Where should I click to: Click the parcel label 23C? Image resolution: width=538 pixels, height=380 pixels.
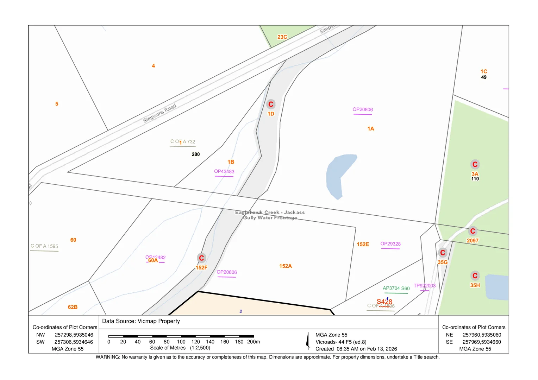282,37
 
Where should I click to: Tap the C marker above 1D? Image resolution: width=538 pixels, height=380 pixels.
271,104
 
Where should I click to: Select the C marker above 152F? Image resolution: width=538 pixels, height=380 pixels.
201,258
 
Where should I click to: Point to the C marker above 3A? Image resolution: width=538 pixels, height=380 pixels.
475,164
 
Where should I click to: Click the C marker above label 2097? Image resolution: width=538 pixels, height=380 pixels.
473,231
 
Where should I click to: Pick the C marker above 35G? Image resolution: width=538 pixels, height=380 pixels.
443,253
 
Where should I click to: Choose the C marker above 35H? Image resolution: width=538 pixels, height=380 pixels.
475,275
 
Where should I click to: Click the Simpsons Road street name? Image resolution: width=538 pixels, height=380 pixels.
159,113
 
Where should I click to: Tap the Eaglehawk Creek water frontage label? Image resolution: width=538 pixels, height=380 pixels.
270,215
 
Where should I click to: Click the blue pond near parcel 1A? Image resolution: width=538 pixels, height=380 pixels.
339,174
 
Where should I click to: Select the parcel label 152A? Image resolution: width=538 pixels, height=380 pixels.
286,266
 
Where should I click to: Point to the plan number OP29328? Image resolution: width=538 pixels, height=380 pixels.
390,244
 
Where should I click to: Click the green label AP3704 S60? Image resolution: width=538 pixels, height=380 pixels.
396,289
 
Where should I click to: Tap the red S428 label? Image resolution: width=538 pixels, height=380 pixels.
384,302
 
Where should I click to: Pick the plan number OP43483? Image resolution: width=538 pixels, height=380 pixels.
224,172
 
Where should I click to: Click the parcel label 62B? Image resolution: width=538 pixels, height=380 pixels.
73,307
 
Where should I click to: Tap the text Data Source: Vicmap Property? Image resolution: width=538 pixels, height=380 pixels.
141,321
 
